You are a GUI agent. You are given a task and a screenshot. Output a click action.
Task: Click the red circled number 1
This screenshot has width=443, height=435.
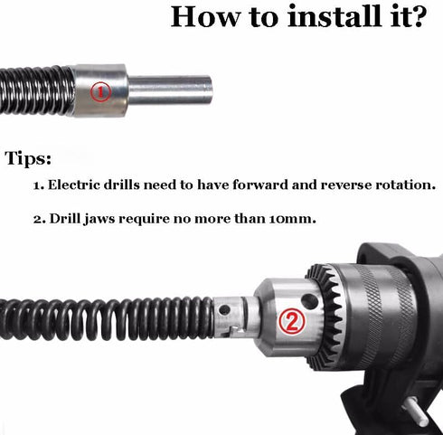coord(100,90)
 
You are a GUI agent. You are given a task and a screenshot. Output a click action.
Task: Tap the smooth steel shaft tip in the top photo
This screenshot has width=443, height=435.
coord(185,90)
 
